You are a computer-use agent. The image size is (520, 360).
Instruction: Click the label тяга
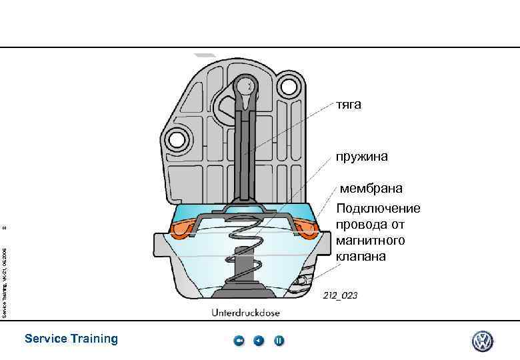click(x=348, y=105)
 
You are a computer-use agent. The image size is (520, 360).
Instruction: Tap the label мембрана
click(x=371, y=189)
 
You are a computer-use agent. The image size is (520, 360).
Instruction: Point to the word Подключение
click(x=378, y=209)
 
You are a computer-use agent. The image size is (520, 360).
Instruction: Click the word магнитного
click(x=370, y=240)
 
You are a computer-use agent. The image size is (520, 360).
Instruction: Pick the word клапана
click(x=361, y=255)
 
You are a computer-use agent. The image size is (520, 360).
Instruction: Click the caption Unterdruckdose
click(x=246, y=312)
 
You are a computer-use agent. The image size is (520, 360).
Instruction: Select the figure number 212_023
click(x=340, y=295)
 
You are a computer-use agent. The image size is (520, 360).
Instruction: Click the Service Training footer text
click(x=71, y=339)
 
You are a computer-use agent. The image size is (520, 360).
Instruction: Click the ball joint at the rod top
click(x=246, y=87)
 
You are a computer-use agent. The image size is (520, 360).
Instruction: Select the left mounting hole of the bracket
click(x=177, y=139)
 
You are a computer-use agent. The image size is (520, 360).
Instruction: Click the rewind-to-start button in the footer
click(x=239, y=341)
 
